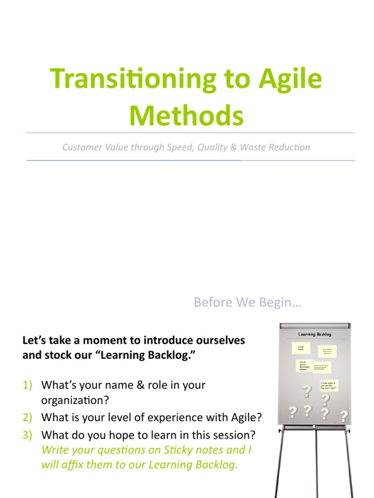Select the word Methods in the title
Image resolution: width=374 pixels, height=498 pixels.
click(187, 117)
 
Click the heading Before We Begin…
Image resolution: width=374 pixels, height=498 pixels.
click(248, 302)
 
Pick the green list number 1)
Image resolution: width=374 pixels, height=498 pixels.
click(27, 385)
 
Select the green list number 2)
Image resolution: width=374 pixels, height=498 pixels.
click(27, 417)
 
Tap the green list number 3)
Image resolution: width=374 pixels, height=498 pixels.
click(27, 434)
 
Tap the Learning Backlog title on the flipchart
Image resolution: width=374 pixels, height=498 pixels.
click(315, 335)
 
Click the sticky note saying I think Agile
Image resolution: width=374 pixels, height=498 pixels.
click(328, 386)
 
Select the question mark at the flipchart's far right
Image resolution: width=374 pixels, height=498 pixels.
click(344, 416)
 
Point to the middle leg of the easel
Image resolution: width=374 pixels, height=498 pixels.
click(316, 462)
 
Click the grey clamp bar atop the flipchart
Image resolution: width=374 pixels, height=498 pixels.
click(314, 325)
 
